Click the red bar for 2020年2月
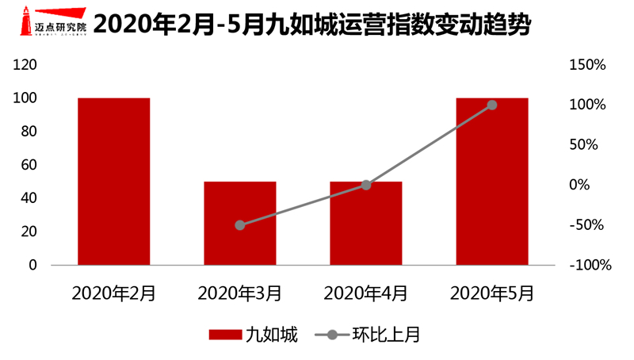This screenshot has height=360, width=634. click(113, 181)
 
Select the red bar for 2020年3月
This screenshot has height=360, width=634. click(239, 223)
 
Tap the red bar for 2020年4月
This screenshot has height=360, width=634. click(365, 223)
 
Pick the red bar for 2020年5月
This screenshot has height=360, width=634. click(492, 181)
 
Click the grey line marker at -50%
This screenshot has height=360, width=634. click(239, 225)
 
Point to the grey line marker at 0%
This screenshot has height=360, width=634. click(365, 185)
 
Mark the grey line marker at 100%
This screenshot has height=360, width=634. click(492, 105)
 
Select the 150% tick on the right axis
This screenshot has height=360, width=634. click(587, 65)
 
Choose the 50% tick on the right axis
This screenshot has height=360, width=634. click(587, 145)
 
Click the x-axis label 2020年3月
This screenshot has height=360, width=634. click(239, 293)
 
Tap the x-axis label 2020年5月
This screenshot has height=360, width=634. click(492, 293)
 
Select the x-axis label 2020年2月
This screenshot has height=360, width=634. click(113, 293)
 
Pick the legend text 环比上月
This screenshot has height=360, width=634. click(386, 335)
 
